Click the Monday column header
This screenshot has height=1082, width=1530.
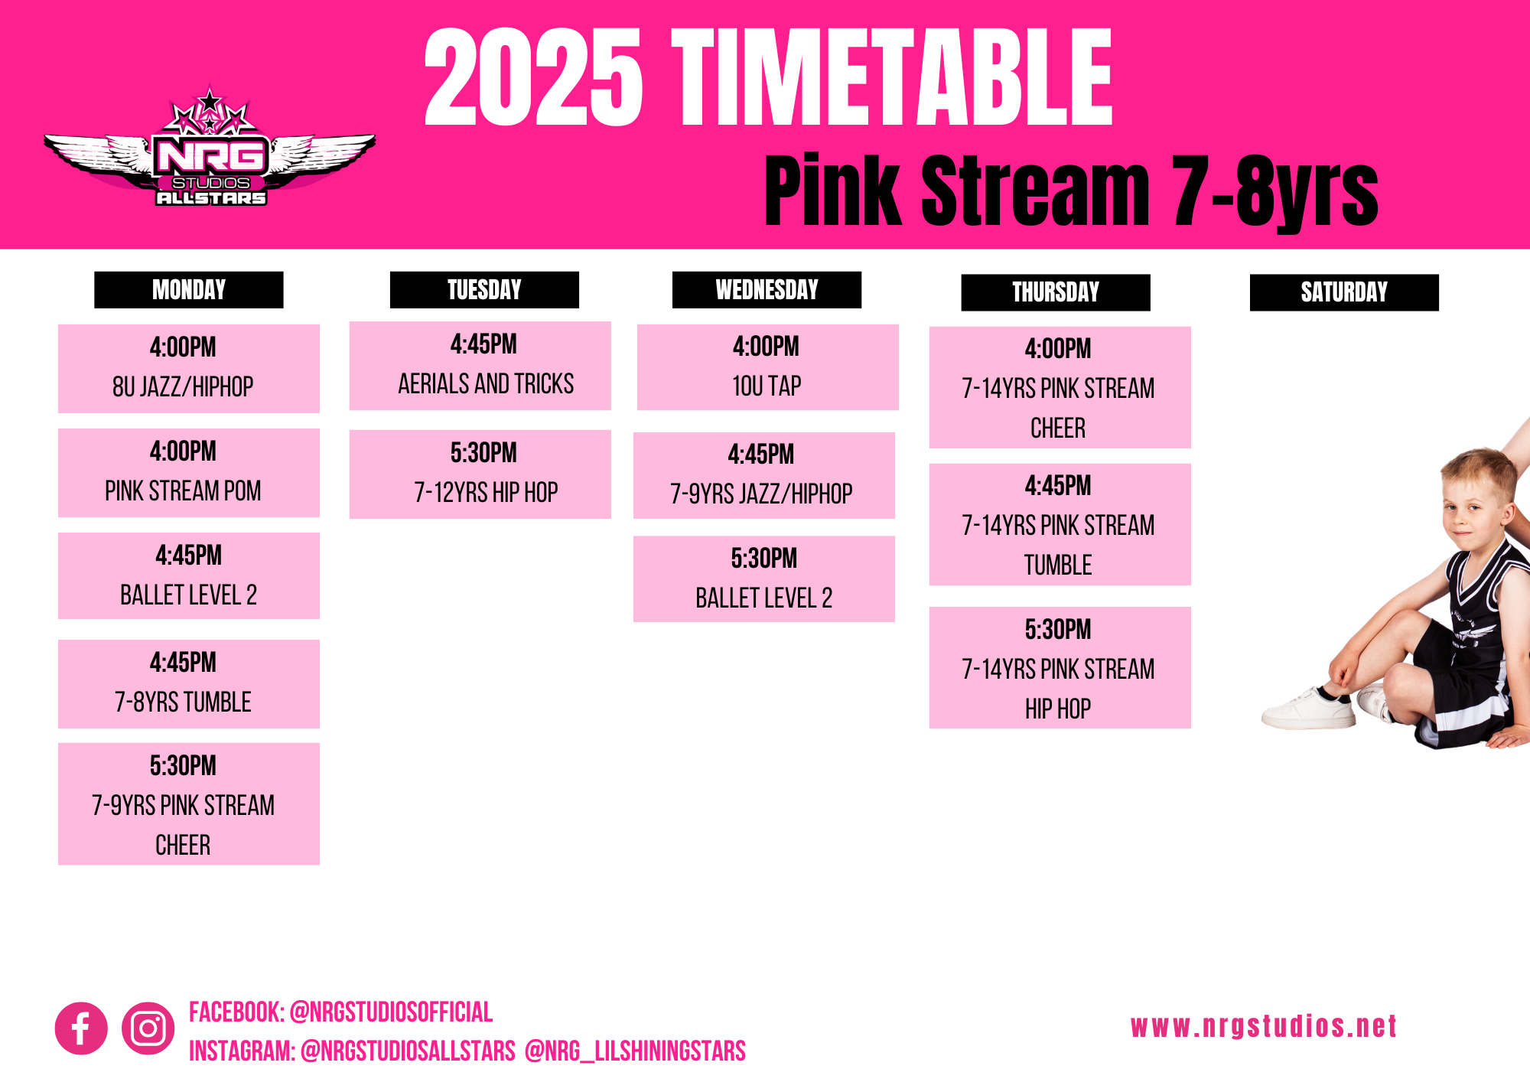pos(189,290)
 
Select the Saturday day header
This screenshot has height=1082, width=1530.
pos(1344,292)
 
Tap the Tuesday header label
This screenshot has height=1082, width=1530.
pos(484,290)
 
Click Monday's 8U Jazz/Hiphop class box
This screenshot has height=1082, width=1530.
pos(189,369)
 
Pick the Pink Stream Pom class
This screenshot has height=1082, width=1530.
pos(189,473)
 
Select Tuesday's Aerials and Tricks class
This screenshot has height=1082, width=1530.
pos(480,366)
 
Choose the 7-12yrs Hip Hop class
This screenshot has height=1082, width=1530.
pos(480,474)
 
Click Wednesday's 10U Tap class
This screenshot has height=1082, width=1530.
pos(768,367)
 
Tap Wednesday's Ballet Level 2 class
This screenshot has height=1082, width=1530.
pos(764,579)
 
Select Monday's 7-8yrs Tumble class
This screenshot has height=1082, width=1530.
pos(189,684)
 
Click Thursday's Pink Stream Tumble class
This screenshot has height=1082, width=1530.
pos(1060,524)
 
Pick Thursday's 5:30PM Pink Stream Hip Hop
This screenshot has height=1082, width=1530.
pos(1060,668)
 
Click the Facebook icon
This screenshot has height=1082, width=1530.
pos(81,1028)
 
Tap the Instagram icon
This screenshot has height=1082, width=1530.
pos(148,1028)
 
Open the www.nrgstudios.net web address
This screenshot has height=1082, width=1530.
pos(1264,1027)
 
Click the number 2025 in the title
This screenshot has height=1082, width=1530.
pos(533,77)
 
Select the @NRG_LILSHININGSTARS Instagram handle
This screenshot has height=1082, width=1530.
pos(635,1051)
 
